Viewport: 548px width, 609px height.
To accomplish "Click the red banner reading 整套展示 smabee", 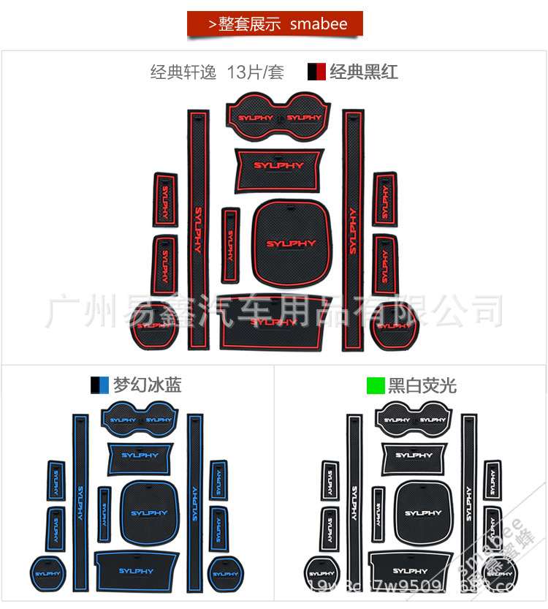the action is (x=275, y=24).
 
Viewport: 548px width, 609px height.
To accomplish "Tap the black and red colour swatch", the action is (x=316, y=72).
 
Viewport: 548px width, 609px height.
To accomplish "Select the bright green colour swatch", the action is (x=376, y=385).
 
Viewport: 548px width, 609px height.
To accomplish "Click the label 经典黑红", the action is (x=364, y=72).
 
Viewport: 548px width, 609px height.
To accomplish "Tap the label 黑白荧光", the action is (x=422, y=385).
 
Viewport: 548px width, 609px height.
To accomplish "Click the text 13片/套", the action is (x=255, y=72).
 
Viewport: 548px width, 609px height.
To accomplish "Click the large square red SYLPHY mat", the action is (x=291, y=241).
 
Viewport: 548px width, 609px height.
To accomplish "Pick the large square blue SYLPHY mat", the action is (x=149, y=511).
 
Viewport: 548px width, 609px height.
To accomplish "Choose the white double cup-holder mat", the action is (x=414, y=418).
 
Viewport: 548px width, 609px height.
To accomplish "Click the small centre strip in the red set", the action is (x=230, y=244).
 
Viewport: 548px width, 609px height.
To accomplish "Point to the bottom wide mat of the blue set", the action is (x=137, y=570).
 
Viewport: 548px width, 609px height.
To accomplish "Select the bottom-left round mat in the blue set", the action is (x=45, y=572).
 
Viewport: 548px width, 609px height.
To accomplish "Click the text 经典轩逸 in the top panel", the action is (x=185, y=72).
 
